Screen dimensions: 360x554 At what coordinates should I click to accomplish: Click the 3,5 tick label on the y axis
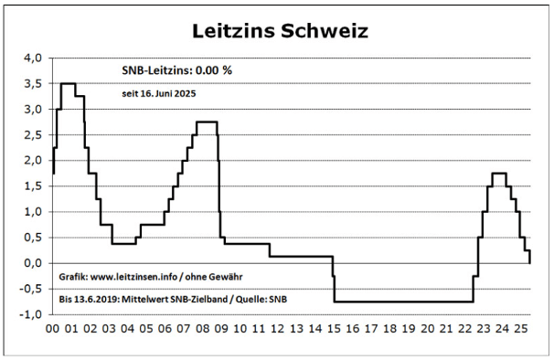click(x=32, y=83)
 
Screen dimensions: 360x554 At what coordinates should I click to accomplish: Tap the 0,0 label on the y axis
click(x=32, y=263)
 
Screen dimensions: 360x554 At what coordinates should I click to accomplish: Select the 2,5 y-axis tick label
click(x=32, y=134)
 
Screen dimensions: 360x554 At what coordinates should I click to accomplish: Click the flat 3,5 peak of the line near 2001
click(x=68, y=83)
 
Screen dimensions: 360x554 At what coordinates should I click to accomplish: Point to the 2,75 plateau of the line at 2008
click(x=207, y=122)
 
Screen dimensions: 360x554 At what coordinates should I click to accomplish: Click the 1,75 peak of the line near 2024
click(x=499, y=174)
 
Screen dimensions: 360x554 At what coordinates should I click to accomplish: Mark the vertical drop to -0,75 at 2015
click(x=335, y=288)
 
